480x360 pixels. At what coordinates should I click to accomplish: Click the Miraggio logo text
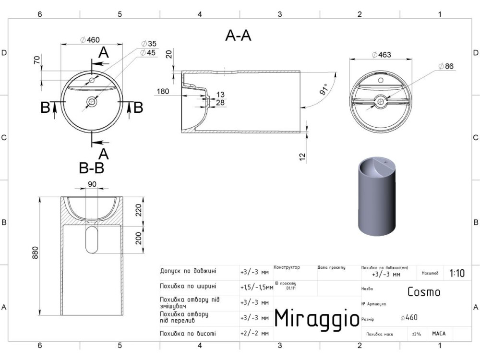(316, 317)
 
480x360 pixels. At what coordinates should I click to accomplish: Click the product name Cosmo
(423, 291)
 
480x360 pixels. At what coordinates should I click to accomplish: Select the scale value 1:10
(456, 273)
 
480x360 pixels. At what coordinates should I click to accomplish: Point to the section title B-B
(91, 168)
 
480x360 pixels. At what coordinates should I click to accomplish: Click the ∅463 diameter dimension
(382, 55)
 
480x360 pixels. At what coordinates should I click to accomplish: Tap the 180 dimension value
(163, 91)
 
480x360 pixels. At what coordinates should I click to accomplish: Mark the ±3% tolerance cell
(416, 334)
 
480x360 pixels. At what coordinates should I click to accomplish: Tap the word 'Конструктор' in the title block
(287, 267)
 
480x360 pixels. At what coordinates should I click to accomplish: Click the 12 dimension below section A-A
(301, 156)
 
